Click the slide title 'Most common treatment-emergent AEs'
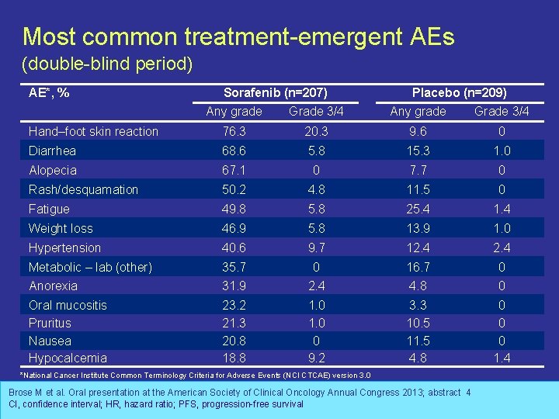[x=238, y=36]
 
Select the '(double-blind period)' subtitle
[x=107, y=64]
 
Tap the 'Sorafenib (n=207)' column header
[x=275, y=92]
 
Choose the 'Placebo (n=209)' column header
[x=459, y=92]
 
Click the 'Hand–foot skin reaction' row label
[x=93, y=131]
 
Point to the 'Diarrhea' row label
[x=52, y=151]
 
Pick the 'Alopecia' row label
[x=52, y=170]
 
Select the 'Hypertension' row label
[x=64, y=248]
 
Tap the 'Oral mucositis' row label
[x=68, y=305]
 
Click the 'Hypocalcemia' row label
[x=68, y=358]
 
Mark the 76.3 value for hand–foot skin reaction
[x=234, y=131]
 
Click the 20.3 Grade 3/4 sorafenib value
[x=316, y=131]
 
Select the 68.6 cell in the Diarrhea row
[x=234, y=151]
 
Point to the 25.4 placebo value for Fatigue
[x=418, y=209]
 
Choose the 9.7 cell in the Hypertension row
[x=316, y=248]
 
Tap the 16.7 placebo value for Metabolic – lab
[x=418, y=267]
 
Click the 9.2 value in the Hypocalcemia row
[x=316, y=358]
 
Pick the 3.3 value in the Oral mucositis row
[x=418, y=305]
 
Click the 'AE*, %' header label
[x=49, y=93]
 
